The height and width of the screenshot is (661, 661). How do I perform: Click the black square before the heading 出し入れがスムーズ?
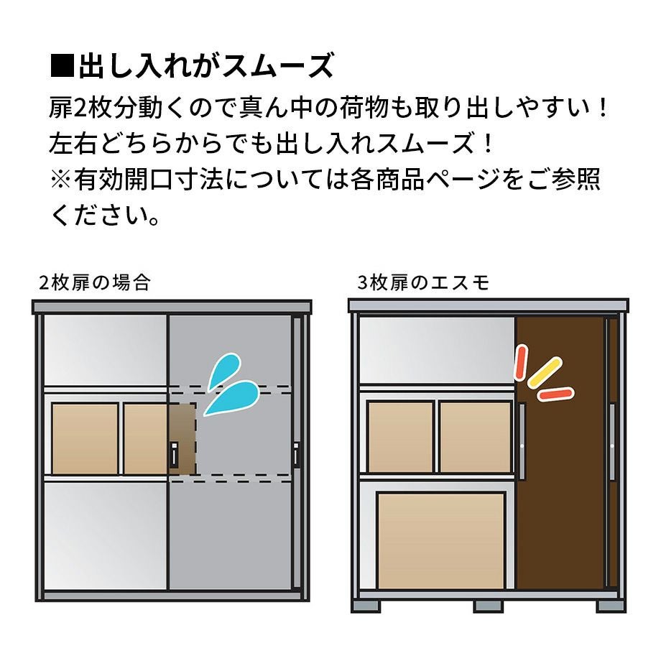[x=62, y=66]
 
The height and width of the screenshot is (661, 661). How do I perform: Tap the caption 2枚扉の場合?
[x=95, y=283]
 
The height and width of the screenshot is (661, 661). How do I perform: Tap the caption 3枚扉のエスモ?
[x=423, y=283]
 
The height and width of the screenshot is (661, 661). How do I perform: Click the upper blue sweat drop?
[x=224, y=371]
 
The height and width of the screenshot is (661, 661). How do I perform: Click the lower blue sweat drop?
[x=232, y=398]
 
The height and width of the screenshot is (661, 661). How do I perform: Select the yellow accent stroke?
[x=545, y=372]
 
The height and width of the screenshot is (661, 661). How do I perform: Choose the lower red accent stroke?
[x=556, y=394]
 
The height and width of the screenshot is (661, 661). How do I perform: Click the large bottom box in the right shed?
[x=441, y=540]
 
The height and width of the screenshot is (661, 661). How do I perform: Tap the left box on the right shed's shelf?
[x=400, y=437]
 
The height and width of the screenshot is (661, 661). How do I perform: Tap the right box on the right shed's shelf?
[x=475, y=437]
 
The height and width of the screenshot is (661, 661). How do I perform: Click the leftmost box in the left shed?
[x=85, y=439]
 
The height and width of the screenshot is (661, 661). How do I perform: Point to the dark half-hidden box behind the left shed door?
[x=182, y=439]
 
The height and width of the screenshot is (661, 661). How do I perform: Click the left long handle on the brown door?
[x=522, y=441]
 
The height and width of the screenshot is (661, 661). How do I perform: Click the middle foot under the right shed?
[x=488, y=606]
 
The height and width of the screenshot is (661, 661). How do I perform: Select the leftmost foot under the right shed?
[x=366, y=606]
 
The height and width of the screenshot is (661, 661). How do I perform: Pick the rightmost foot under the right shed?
[x=611, y=606]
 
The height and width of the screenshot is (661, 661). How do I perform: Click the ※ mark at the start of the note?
[x=60, y=179]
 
